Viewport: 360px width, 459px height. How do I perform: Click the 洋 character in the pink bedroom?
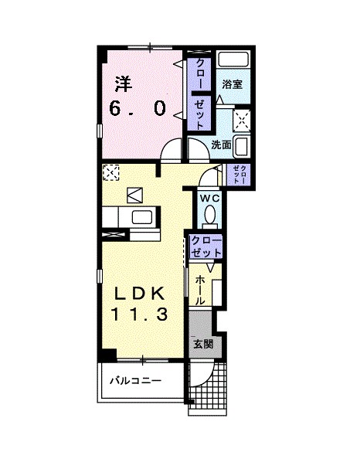coord(123,81)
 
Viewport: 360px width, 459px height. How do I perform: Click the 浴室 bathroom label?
coord(232,84)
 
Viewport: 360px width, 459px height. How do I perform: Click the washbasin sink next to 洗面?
coord(241,144)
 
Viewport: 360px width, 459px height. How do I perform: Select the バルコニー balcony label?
coord(134,381)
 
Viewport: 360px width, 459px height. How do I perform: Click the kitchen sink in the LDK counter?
coord(142,217)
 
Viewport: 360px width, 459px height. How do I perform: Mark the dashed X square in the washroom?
coord(242,117)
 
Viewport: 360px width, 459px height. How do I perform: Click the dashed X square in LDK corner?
coord(110,172)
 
